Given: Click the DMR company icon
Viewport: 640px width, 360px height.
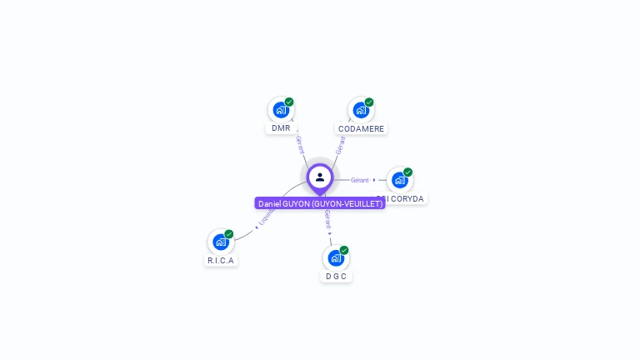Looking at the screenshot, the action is pyautogui.click(x=281, y=110).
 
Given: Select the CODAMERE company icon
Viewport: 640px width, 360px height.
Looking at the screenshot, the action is pyautogui.click(x=361, y=110).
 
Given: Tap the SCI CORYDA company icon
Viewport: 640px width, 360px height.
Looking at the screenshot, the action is pyautogui.click(x=400, y=180).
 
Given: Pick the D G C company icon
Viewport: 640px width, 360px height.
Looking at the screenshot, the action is pyautogui.click(x=336, y=258).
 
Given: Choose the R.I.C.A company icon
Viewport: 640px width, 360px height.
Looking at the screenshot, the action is pyautogui.click(x=221, y=242).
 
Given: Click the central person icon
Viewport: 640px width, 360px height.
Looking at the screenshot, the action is pyautogui.click(x=320, y=177).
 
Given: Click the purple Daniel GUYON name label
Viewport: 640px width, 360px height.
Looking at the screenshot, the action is pyautogui.click(x=320, y=203).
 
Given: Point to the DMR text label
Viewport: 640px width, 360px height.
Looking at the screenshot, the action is pyautogui.click(x=281, y=128).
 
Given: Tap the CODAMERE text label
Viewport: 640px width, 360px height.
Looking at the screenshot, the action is pyautogui.click(x=361, y=128).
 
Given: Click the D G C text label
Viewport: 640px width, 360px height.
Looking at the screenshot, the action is pyautogui.click(x=336, y=276).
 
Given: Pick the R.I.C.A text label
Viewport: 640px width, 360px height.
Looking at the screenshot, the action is pyautogui.click(x=221, y=260).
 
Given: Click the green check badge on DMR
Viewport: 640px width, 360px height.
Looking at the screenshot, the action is pyautogui.click(x=289, y=102).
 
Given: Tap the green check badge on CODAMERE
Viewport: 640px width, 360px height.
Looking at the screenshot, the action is pyautogui.click(x=369, y=102).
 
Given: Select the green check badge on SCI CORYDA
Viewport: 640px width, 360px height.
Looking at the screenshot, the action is pyautogui.click(x=408, y=172).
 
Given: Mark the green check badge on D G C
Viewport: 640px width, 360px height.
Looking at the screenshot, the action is pyautogui.click(x=344, y=251).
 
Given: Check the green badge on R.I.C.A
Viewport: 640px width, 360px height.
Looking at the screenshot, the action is pyautogui.click(x=229, y=234).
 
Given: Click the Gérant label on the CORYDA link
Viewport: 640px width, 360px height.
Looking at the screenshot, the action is pyautogui.click(x=359, y=180).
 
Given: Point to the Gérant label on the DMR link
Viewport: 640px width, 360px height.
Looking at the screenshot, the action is pyautogui.click(x=300, y=144).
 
